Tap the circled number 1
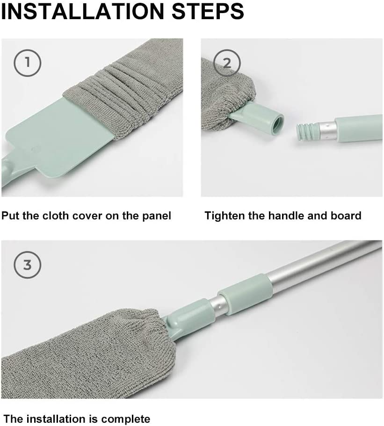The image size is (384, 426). tap(27, 62)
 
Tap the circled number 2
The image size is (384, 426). tap(227, 63)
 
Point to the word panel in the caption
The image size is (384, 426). tap(156, 216)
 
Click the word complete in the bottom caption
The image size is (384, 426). tap(124, 419)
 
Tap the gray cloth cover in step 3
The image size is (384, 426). tap(80, 355)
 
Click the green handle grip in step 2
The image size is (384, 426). tap(358, 129)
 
